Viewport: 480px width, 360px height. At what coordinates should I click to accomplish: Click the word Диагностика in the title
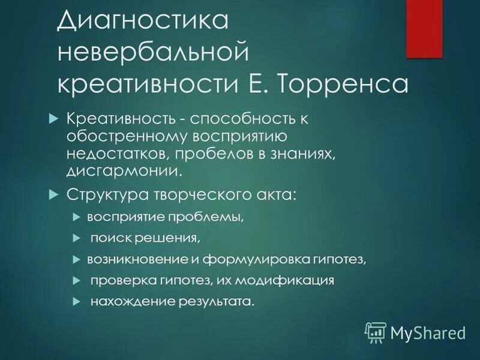(x=143, y=21)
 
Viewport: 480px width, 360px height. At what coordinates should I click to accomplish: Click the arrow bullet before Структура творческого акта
(x=52, y=194)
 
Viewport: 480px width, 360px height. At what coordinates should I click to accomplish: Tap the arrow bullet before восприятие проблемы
(x=76, y=216)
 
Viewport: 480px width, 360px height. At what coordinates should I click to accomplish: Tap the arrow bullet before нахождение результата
(x=76, y=301)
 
